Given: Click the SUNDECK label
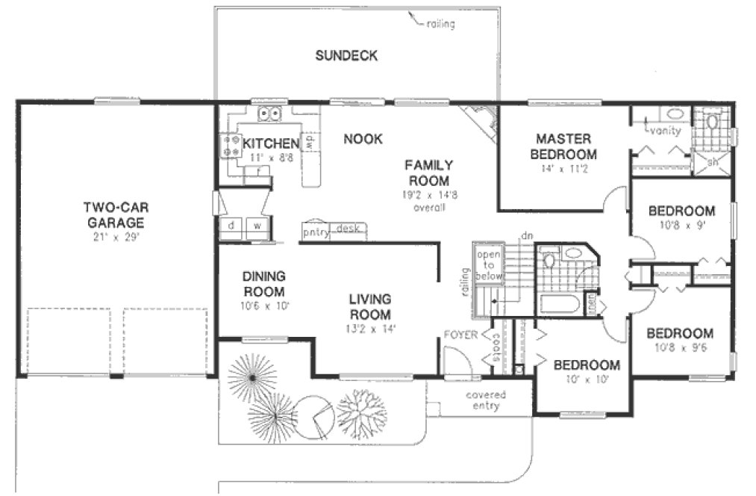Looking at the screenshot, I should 346,55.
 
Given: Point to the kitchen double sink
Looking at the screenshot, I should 269,114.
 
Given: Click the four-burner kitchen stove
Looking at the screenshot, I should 231,145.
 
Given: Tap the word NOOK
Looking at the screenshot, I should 363,139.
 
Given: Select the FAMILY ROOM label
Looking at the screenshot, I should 427,173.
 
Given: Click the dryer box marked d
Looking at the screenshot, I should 231,225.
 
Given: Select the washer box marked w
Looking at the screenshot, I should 257,225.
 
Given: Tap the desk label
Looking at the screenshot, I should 348,228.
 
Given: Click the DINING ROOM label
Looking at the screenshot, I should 263,284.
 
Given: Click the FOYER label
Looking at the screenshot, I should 459,335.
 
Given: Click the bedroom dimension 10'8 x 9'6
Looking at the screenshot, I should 679,347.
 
